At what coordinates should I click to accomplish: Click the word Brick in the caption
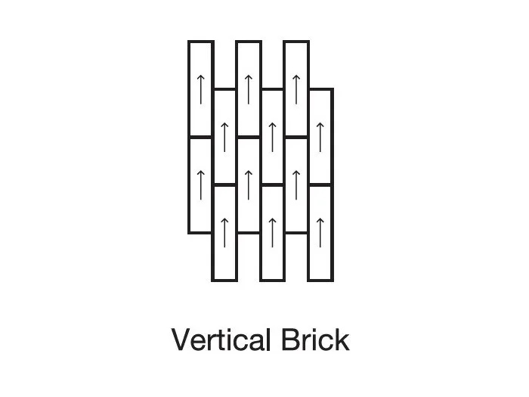315,340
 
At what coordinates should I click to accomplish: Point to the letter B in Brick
290,340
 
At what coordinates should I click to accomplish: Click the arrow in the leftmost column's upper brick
201,89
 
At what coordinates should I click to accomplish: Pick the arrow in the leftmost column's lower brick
201,185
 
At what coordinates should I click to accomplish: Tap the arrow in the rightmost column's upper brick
320,138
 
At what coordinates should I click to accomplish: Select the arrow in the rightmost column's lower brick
320,233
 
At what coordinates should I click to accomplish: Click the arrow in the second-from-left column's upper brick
224,138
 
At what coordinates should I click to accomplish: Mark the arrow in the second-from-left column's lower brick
224,233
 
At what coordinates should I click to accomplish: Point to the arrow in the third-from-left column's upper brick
249,89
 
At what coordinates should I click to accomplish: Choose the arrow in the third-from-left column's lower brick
249,185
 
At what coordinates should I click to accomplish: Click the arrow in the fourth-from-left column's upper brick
273,138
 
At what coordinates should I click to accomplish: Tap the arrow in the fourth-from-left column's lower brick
273,233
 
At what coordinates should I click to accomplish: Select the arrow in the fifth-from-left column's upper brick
296,89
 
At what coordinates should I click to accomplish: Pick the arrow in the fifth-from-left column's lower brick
296,185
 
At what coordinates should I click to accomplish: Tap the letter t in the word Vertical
222,341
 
